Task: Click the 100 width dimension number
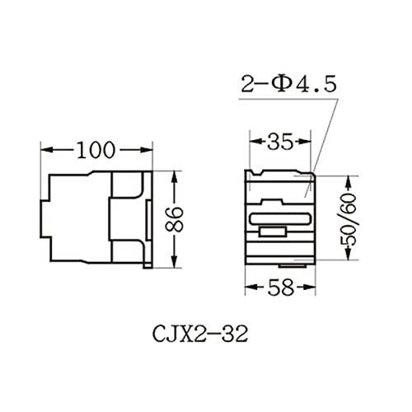point(96,150)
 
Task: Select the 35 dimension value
point(279,143)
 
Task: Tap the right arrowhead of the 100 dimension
point(149,150)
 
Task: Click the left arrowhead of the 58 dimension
point(250,288)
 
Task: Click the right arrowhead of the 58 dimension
point(310,288)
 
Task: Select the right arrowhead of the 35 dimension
point(308,143)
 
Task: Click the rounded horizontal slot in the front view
point(279,219)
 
